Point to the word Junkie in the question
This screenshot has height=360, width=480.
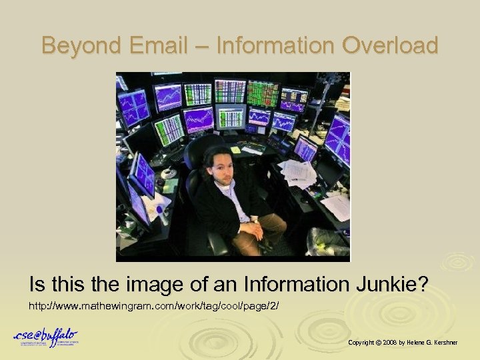coord(387,285)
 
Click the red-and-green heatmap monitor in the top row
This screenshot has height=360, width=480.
coord(263,93)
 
